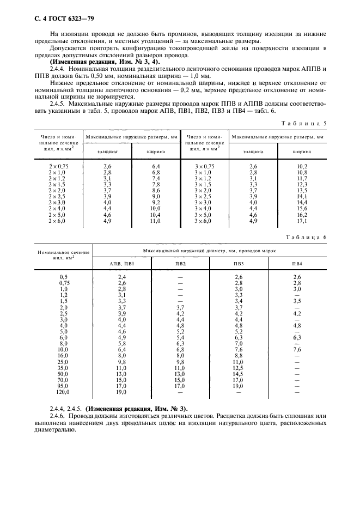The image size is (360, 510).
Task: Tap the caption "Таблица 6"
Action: coord(306,237)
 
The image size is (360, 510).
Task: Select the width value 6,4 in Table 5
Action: coord(155,166)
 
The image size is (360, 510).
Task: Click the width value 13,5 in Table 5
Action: coord(302,191)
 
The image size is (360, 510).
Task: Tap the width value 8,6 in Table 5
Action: coord(155,191)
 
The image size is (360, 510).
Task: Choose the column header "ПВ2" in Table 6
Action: coord(180,264)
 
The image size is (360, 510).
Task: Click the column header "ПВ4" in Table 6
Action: coord(297,264)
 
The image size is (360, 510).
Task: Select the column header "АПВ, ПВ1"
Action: coord(122,264)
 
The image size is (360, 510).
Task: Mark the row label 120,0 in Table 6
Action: coord(64,392)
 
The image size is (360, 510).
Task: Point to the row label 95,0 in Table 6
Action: coord(64,386)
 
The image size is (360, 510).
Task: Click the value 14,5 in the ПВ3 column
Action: coord(238,373)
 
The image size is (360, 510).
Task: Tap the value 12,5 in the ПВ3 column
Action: coord(238,367)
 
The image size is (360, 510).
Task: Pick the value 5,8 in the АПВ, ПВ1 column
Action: coord(122,343)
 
